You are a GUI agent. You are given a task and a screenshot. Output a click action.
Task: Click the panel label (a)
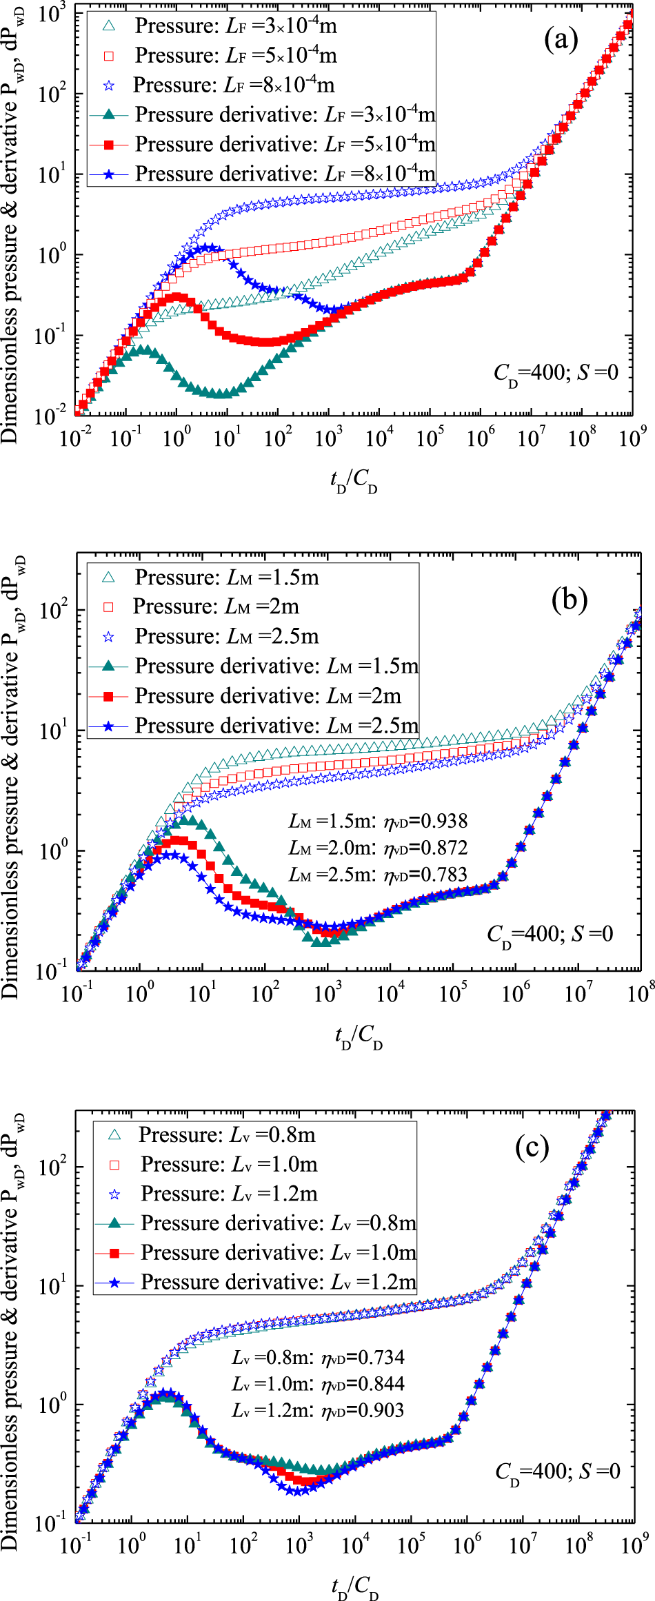[x=561, y=40]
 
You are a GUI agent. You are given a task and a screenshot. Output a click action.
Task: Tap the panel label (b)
[x=569, y=599]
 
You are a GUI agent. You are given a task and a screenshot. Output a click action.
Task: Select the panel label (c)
[x=532, y=1147]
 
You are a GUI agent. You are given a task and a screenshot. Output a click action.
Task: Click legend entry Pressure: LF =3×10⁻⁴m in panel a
[x=234, y=26]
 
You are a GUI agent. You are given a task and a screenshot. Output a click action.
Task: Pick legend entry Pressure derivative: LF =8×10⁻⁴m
[x=284, y=174]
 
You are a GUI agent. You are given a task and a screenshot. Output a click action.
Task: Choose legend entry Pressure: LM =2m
[x=216, y=606]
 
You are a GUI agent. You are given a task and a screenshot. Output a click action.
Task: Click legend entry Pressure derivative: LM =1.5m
[x=276, y=666]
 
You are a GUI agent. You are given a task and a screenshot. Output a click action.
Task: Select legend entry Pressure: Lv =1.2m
[x=228, y=1193]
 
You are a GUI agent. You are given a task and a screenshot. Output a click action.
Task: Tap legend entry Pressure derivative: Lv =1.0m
[x=278, y=1252]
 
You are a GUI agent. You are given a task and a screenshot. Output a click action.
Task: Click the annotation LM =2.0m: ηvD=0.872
[x=378, y=848]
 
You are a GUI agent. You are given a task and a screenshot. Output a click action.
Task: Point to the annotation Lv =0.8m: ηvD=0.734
[x=318, y=1358]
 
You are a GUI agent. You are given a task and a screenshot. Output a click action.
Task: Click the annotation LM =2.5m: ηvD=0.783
[x=378, y=875]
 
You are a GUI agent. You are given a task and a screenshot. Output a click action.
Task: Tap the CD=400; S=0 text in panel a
[x=556, y=374]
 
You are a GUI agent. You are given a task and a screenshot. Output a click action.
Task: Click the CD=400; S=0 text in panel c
[x=557, y=1473]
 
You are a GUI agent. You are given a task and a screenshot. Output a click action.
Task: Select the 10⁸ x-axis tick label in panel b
[x=641, y=994]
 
